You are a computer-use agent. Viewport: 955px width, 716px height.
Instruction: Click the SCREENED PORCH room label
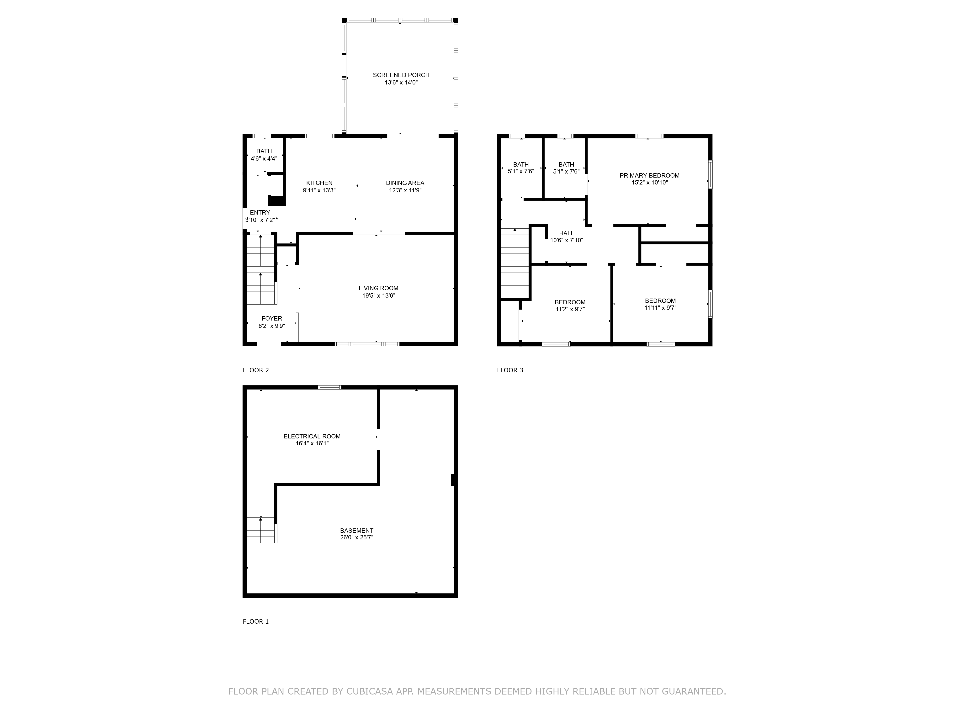point(401,75)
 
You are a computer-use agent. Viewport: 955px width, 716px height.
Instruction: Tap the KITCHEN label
point(319,183)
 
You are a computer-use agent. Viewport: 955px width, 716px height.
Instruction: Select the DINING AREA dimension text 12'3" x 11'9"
point(405,190)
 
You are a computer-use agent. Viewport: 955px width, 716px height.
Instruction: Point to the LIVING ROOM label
point(379,288)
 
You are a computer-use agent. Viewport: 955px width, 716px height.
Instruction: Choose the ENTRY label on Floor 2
point(260,212)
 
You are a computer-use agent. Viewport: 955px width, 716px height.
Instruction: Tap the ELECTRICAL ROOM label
point(312,436)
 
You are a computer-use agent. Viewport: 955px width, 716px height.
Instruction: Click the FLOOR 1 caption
point(256,621)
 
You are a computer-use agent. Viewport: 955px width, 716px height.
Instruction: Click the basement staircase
point(262,530)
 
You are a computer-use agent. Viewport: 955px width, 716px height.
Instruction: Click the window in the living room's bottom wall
point(367,344)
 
